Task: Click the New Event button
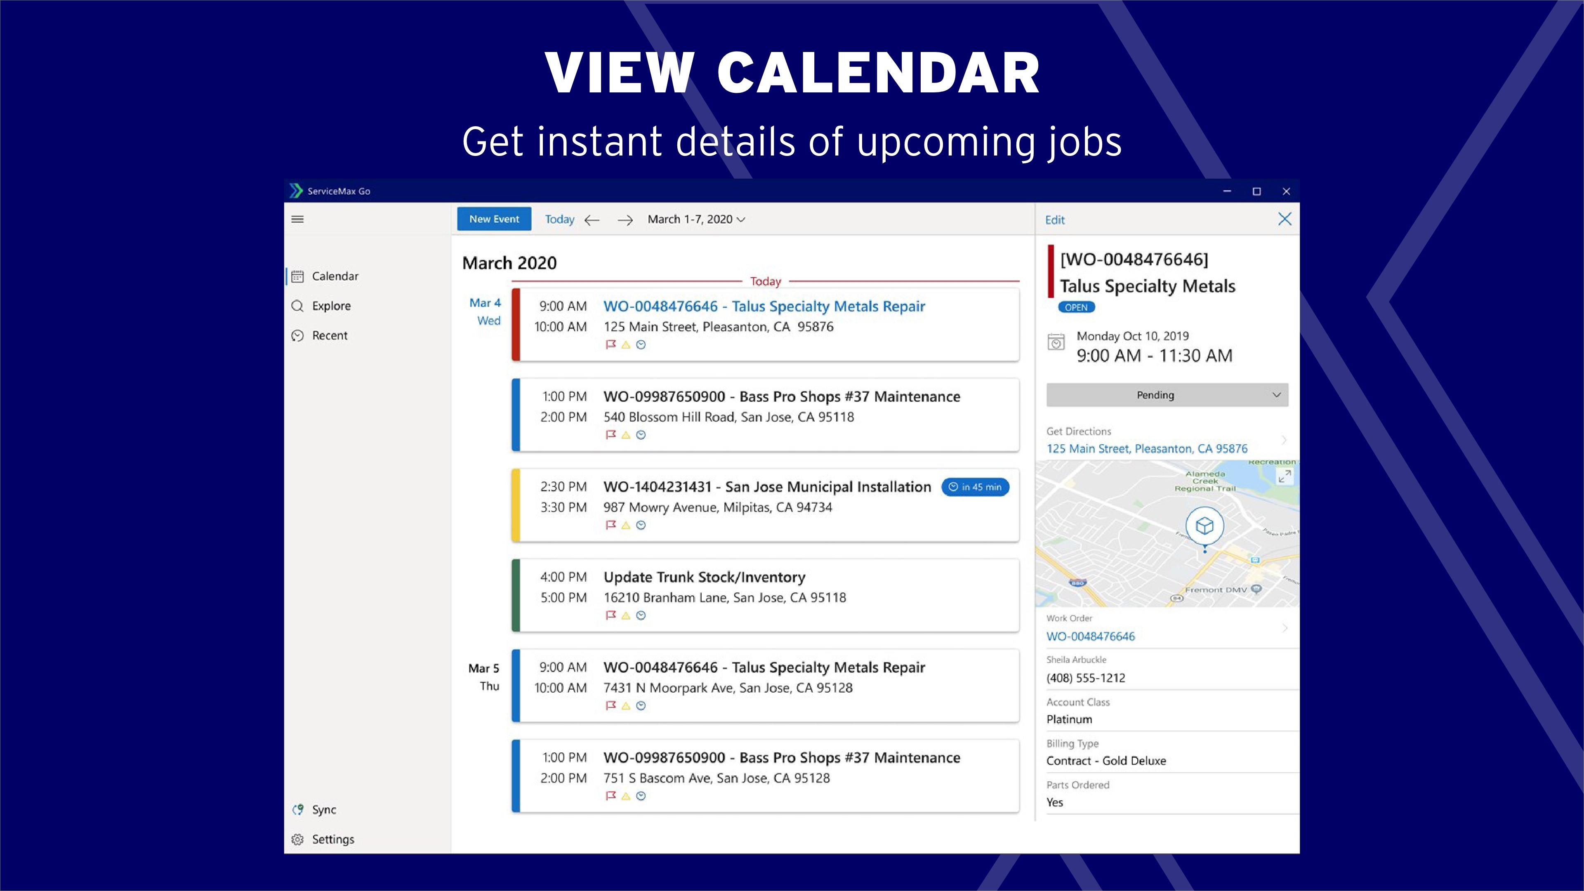pyautogui.click(x=494, y=219)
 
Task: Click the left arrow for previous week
pyautogui.click(x=592, y=220)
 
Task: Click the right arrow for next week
pyautogui.click(x=625, y=220)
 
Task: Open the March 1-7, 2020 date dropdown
pyautogui.click(x=696, y=219)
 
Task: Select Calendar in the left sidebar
pyautogui.click(x=335, y=276)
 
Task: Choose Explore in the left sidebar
pyautogui.click(x=331, y=306)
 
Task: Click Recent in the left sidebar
pyautogui.click(x=330, y=335)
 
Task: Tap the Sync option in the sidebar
pyautogui.click(x=323, y=809)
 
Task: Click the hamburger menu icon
pyautogui.click(x=297, y=219)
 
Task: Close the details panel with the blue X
pyautogui.click(x=1285, y=219)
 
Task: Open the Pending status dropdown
pyautogui.click(x=1167, y=395)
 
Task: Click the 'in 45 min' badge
pyautogui.click(x=975, y=487)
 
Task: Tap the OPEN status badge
pyautogui.click(x=1076, y=307)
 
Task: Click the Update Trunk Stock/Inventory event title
pyautogui.click(x=704, y=577)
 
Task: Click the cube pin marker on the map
pyautogui.click(x=1204, y=526)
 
